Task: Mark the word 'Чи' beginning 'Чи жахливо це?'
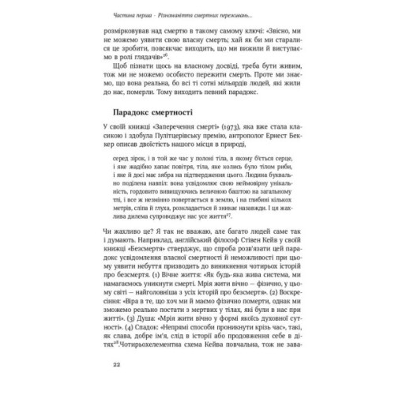point(109,247)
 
